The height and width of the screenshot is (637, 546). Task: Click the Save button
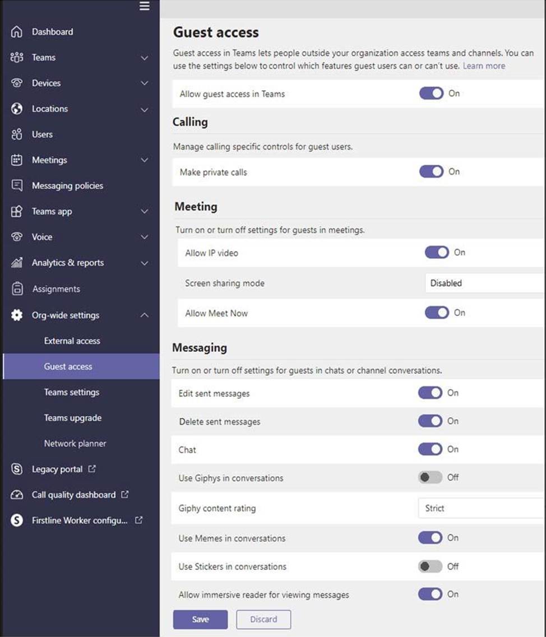pyautogui.click(x=200, y=619)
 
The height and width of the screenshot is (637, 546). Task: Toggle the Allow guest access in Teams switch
pyautogui.click(x=431, y=94)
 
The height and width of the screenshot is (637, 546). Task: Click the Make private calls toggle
pyautogui.click(x=431, y=172)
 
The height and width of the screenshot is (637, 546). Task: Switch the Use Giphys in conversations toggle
pyautogui.click(x=430, y=477)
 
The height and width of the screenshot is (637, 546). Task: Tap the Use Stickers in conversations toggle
pyautogui.click(x=430, y=566)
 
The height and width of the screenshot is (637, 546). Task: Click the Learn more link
pyautogui.click(x=484, y=66)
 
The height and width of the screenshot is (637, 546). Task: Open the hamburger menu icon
pyautogui.click(x=145, y=6)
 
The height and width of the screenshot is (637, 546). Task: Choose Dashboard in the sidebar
pyautogui.click(x=52, y=32)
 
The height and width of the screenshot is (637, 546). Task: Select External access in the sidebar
pyautogui.click(x=72, y=341)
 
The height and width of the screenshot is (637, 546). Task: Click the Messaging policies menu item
pyautogui.click(x=67, y=185)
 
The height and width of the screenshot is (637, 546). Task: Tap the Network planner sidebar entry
pyautogui.click(x=75, y=443)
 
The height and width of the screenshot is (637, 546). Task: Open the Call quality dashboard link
pyautogui.click(x=73, y=495)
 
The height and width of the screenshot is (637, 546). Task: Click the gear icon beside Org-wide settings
pyautogui.click(x=17, y=315)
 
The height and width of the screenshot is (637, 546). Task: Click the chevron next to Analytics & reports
pyautogui.click(x=145, y=263)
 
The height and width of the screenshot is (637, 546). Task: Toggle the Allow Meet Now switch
pyautogui.click(x=437, y=313)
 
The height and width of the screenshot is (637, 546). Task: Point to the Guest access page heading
pyautogui.click(x=216, y=32)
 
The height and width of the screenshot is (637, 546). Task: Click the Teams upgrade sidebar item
pyautogui.click(x=73, y=418)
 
